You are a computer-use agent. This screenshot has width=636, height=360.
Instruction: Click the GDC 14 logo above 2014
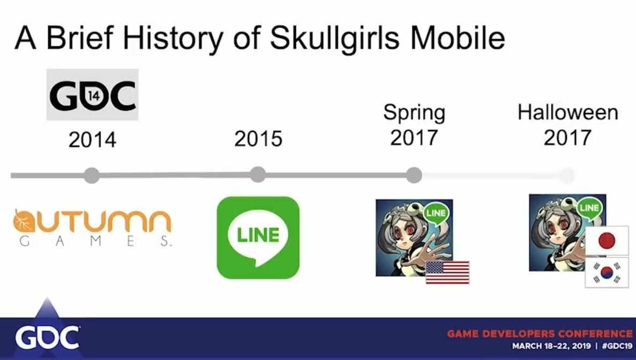pos(93,95)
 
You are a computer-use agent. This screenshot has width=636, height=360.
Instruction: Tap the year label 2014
pos(93,140)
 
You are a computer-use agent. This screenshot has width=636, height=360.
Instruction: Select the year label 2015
pos(258,139)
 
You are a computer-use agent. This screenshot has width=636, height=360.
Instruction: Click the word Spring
pos(414,112)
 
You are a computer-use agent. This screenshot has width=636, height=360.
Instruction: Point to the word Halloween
pos(568,112)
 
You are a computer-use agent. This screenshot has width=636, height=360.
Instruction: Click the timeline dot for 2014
pos(92,176)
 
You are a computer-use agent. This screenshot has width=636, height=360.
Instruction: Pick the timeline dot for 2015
pos(258,175)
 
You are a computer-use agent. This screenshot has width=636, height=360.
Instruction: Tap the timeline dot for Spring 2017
pos(414,175)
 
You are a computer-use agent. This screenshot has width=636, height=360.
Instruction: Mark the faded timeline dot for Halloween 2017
pos(567,176)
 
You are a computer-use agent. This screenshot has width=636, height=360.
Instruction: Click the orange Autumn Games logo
pos(93,227)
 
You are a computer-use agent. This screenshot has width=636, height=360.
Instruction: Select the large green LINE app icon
pos(258,237)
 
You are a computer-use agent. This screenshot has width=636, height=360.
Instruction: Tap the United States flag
pos(447,273)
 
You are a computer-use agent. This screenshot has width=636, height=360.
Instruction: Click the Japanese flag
pos(607,241)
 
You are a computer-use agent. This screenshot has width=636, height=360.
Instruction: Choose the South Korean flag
pos(607,273)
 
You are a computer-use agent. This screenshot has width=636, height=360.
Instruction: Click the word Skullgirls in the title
pos(335,39)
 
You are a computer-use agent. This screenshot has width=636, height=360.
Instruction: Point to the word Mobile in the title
pos(458,37)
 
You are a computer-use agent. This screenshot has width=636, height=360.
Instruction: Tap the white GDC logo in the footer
pos(48,338)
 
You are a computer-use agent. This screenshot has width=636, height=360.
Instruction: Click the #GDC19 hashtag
pos(617,346)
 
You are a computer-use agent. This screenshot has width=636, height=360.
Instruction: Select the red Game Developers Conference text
pos(540,334)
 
